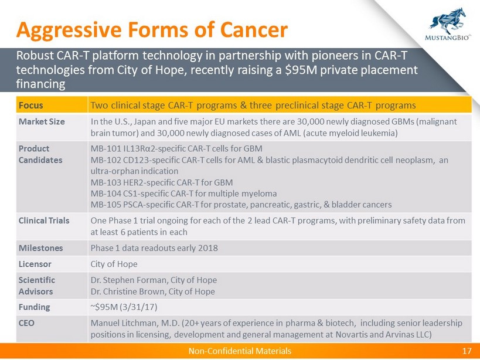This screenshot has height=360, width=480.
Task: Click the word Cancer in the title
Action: click(254, 30)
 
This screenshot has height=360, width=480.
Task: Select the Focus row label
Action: click(30, 106)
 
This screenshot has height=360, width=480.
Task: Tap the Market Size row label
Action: click(42, 121)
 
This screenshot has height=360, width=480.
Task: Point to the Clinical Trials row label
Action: click(44, 220)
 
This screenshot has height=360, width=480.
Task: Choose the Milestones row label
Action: click(40, 248)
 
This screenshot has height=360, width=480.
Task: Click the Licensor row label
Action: click(35, 264)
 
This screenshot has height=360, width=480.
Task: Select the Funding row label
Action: click(34, 307)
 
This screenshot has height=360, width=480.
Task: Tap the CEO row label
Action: click(26, 323)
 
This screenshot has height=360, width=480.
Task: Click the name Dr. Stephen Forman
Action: click(129, 280)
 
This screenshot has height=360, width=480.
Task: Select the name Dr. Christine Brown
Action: click(128, 291)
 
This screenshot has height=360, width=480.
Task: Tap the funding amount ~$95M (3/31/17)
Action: click(124, 307)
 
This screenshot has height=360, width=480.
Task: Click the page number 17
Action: click(467, 351)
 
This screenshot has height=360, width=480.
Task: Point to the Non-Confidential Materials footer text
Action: click(240, 351)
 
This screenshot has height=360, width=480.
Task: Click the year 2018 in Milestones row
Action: click(208, 248)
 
